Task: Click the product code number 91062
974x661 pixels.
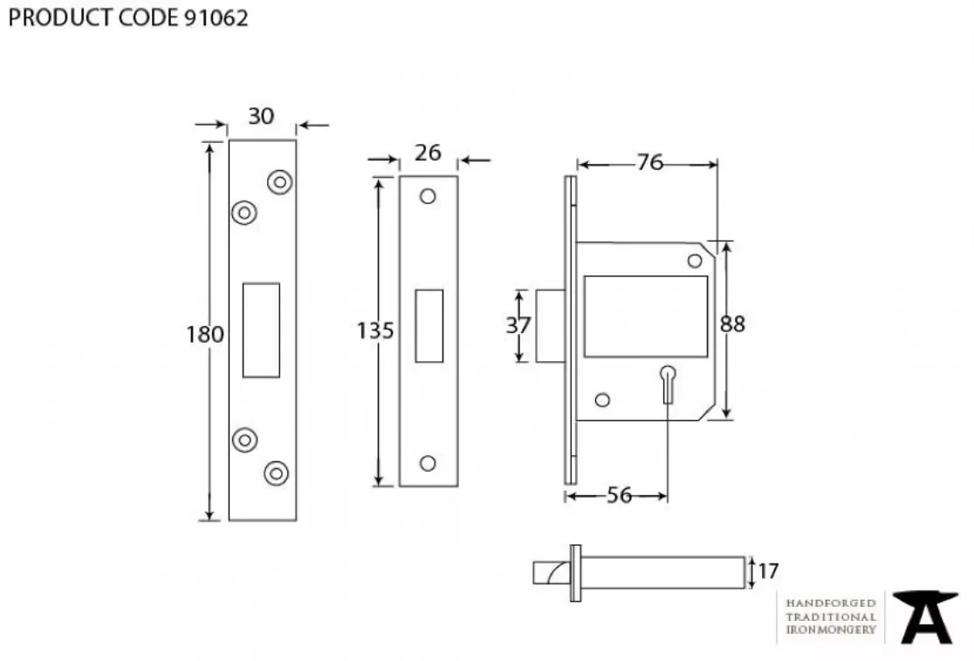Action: (216, 17)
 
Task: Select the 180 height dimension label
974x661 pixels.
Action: (205, 334)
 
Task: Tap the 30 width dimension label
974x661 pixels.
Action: (260, 115)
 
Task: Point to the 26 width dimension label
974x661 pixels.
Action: (428, 153)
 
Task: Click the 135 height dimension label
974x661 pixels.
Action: (375, 330)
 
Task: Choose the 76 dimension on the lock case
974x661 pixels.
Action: (649, 162)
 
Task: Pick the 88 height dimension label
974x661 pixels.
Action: (732, 324)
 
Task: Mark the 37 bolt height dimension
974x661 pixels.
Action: (518, 325)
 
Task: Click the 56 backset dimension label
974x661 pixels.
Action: (619, 495)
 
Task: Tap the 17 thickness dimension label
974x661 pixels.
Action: (768, 571)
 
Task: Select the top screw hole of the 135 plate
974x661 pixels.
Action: (428, 196)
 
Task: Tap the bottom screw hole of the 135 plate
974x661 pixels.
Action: (428, 463)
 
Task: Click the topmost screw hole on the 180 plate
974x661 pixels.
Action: (279, 181)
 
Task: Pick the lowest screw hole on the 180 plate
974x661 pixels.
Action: (277, 473)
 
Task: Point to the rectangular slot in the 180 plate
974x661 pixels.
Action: (261, 330)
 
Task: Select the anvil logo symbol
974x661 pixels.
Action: (924, 617)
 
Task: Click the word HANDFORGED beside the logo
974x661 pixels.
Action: (831, 603)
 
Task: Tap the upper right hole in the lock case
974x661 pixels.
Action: (696, 260)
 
